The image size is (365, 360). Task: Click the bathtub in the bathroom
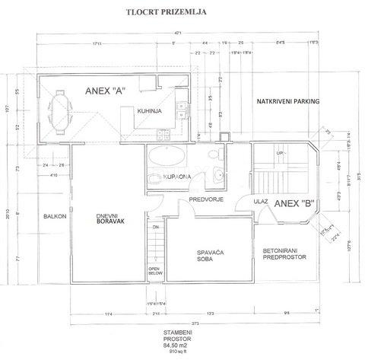165,159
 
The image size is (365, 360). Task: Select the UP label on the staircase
280,153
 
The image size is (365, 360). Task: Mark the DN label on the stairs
154,227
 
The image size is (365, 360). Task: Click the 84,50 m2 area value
182,346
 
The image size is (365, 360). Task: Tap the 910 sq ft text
182,353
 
